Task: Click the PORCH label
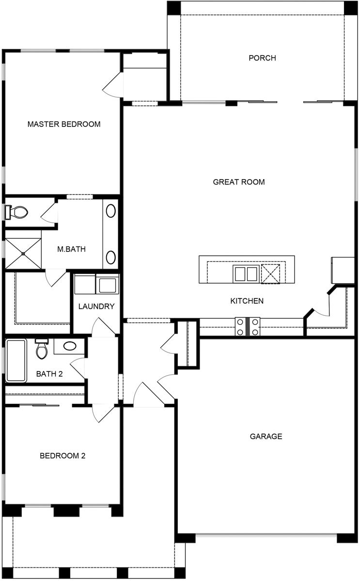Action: pos(262,58)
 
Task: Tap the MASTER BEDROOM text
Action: pos(64,124)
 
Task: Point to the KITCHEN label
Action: pos(247,301)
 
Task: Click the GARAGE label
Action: pos(266,437)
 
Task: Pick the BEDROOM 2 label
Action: pos(63,456)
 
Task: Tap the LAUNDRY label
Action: pos(96,306)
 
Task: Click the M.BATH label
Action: pos(71,250)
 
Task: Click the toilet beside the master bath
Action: pos(17,212)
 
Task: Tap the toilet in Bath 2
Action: pos(42,349)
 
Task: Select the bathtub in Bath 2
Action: pos(16,361)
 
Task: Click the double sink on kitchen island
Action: pos(246,274)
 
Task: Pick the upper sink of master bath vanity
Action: pos(111,211)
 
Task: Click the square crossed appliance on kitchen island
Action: pos(271,274)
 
